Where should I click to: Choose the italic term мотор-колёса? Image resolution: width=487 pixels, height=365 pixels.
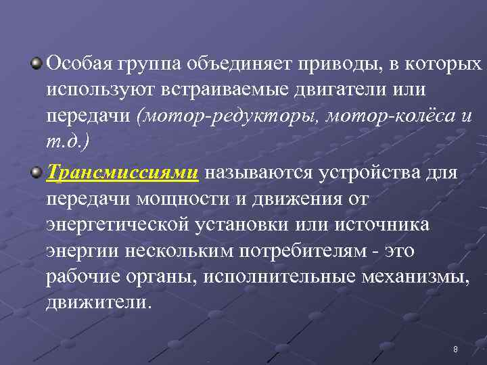pyautogui.click(x=388, y=116)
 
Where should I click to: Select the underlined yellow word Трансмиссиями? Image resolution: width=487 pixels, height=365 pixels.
pyautogui.click(x=122, y=174)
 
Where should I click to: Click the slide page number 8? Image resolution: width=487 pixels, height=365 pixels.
pyautogui.click(x=455, y=349)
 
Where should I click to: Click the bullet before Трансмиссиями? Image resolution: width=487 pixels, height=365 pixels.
pyautogui.click(x=37, y=174)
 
